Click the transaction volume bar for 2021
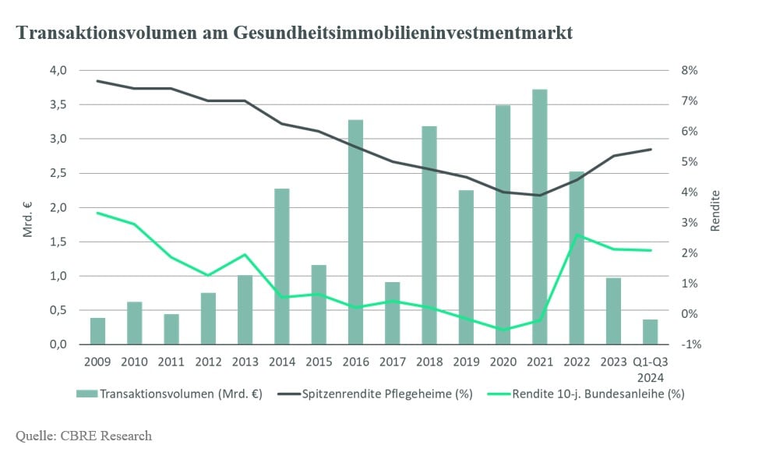coord(539,217)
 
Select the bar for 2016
coord(355,232)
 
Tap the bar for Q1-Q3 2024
coord(651,332)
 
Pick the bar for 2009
coord(97,331)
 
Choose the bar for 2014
coord(282,267)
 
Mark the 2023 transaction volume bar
coord(613,311)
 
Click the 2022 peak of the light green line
coord(577,235)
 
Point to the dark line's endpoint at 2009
coord(97,81)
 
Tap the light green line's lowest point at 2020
coord(503,330)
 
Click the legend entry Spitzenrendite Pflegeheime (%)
coord(376,394)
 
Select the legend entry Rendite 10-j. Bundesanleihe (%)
coord(586,394)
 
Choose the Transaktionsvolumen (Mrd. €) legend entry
coord(169,394)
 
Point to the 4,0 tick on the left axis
coord(58,70)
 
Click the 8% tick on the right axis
coord(689,70)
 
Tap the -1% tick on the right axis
coord(691,344)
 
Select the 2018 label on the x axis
coord(429,362)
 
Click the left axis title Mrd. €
coord(28,218)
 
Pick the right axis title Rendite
coord(714,210)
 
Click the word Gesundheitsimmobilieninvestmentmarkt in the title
coord(403,33)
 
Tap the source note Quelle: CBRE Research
coord(83,436)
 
